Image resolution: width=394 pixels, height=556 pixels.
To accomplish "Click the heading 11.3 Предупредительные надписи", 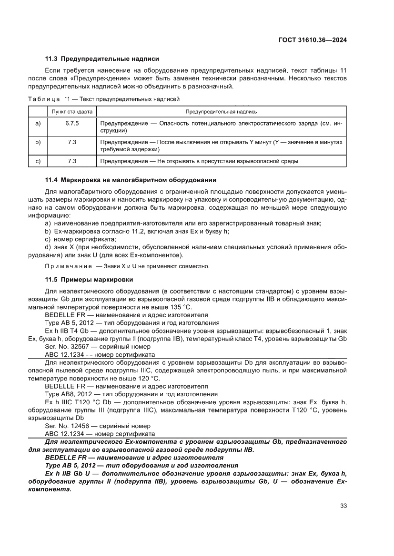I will coord(102,59).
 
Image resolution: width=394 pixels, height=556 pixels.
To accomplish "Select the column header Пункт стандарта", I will coord(72,112).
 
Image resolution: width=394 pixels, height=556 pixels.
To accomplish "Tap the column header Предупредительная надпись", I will coord(221,112).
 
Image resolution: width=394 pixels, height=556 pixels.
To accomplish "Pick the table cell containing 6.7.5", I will coord(72,123).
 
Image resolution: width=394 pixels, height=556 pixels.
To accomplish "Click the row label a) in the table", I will coord(38,123).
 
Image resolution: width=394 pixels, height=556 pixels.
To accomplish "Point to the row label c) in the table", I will coord(38,161).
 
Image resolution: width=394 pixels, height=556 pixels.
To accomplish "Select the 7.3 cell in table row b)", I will coord(72,142).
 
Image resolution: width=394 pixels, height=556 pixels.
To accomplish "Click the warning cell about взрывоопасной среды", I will coord(199,161).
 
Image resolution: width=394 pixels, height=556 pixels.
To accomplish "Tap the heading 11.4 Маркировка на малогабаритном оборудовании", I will coord(131,180).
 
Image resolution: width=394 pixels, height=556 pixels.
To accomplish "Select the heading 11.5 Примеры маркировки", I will coord(89,279).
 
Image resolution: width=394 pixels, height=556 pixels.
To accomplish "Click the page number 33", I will coord(343,505).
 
